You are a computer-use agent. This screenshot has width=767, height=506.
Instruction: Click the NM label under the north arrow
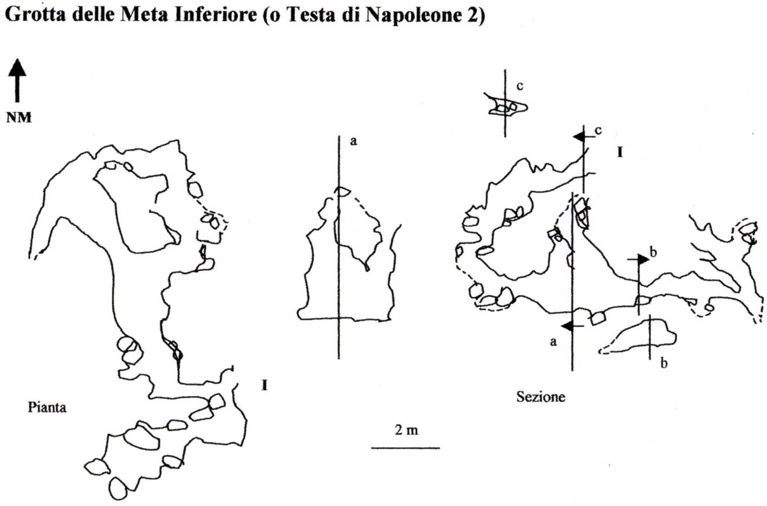click(x=19, y=117)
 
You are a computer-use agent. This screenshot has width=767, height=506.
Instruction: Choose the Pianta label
click(x=47, y=407)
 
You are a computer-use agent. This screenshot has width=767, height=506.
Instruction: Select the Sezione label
click(x=541, y=397)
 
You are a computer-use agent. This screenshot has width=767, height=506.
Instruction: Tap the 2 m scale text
click(x=406, y=430)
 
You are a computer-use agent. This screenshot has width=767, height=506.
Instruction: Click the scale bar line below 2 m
click(x=406, y=448)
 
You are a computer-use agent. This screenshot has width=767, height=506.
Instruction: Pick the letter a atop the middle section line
click(x=353, y=142)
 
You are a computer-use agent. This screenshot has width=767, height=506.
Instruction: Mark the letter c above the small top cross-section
click(x=520, y=86)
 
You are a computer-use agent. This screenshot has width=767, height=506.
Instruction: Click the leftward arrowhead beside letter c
click(x=580, y=137)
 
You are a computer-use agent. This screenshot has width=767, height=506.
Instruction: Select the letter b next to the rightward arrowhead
click(x=654, y=252)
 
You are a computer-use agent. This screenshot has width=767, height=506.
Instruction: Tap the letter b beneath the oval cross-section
click(x=664, y=363)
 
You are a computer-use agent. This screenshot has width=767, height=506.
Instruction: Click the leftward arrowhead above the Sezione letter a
click(x=568, y=326)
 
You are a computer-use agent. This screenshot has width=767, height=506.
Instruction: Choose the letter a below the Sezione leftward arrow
click(x=553, y=342)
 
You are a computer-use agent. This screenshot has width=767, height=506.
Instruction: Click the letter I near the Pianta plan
click(x=264, y=385)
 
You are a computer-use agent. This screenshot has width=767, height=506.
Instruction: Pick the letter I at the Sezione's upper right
click(x=620, y=153)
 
